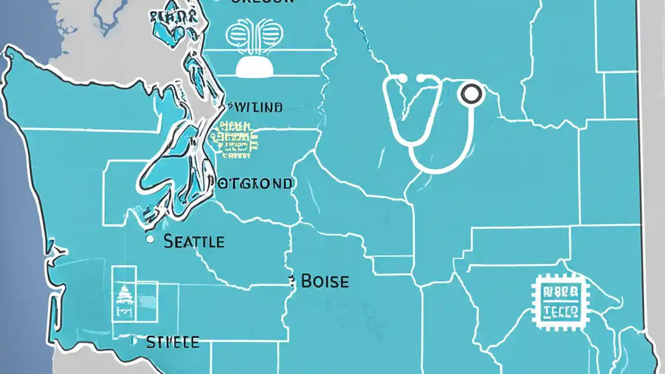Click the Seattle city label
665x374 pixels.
click(194, 242)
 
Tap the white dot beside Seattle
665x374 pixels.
click(150, 239)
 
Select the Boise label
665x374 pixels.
click(325, 282)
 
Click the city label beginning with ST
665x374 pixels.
click(172, 342)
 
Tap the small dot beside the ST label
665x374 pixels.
click(134, 341)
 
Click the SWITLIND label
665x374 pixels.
click(256, 108)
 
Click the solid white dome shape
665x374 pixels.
click(254, 67)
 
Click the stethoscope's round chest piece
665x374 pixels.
click(471, 94)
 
